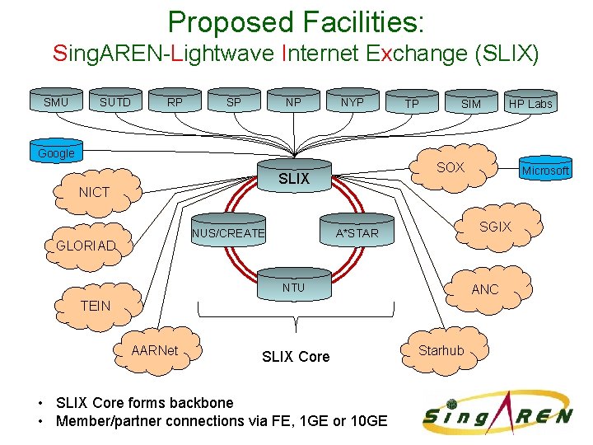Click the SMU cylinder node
tap(56, 102)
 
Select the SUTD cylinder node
tap(115, 102)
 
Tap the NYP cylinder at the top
tap(353, 102)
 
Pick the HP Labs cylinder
tap(530, 103)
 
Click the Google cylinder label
tap(56, 153)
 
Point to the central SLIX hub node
tap(294, 178)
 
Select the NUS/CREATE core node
tap(228, 233)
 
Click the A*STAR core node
tap(357, 233)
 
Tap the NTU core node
tap(293, 288)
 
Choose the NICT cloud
tap(94, 192)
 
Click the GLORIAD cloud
tap(86, 246)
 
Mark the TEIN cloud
tap(96, 305)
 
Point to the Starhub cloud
tap(441, 350)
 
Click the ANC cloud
tap(484, 289)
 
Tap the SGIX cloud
tap(495, 227)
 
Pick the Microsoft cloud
tap(545, 171)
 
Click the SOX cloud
tap(451, 167)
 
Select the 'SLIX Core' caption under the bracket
tap(295, 356)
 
